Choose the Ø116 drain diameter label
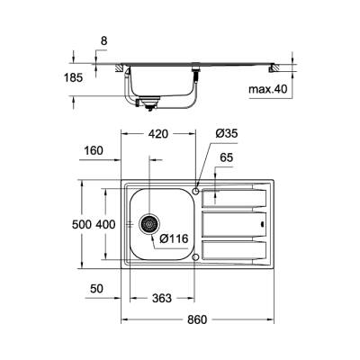click(173, 238)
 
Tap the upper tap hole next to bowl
click(196, 191)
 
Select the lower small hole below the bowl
click(196, 256)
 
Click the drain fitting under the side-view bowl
click(141, 105)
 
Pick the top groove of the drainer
click(233, 193)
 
